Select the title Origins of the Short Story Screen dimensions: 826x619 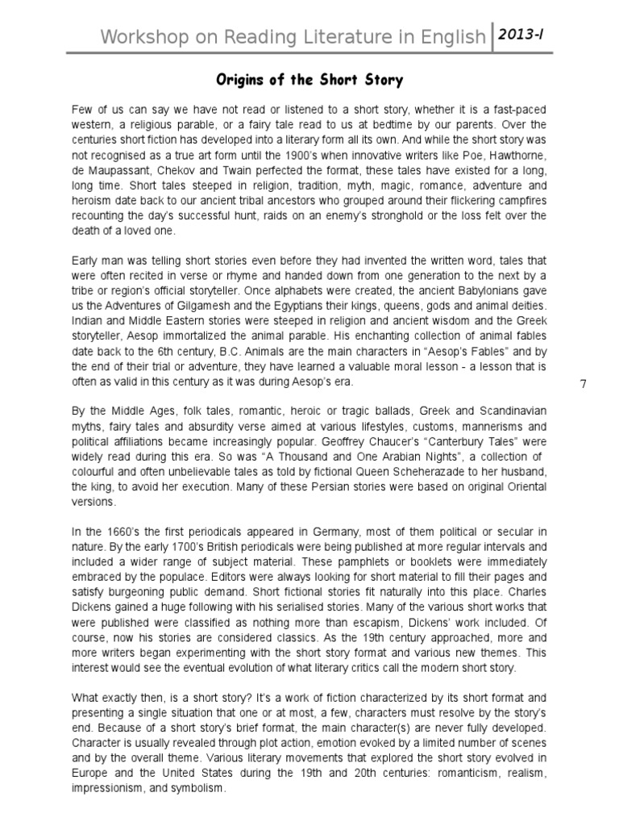309,81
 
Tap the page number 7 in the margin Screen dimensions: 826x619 584,383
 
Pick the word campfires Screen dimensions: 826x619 517,201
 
